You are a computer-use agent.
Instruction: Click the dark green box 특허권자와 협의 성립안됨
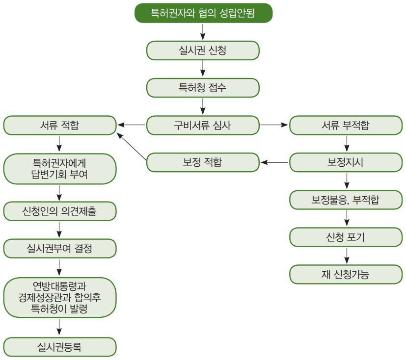204,13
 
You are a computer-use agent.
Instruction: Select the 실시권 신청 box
203,51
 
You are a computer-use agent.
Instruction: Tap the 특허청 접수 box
203,88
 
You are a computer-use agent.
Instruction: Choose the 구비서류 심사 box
203,125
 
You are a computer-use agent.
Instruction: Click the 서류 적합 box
60,125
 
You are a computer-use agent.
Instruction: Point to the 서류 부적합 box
346,125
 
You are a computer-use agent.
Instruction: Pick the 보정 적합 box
203,162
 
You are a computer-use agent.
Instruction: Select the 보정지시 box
346,162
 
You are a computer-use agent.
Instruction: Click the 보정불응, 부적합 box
346,200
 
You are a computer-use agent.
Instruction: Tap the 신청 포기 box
346,237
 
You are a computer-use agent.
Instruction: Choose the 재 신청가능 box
346,274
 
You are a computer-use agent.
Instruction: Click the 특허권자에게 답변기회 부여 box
60,169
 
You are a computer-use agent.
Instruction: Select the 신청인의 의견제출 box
60,211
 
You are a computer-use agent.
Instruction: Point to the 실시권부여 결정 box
60,248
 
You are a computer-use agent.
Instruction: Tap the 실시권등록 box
60,347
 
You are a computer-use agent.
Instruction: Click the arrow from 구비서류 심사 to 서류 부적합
274,125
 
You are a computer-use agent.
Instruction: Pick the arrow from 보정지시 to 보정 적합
274,162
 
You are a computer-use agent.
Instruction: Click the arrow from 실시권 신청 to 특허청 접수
203,68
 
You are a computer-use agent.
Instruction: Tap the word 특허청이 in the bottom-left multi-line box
45,309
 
